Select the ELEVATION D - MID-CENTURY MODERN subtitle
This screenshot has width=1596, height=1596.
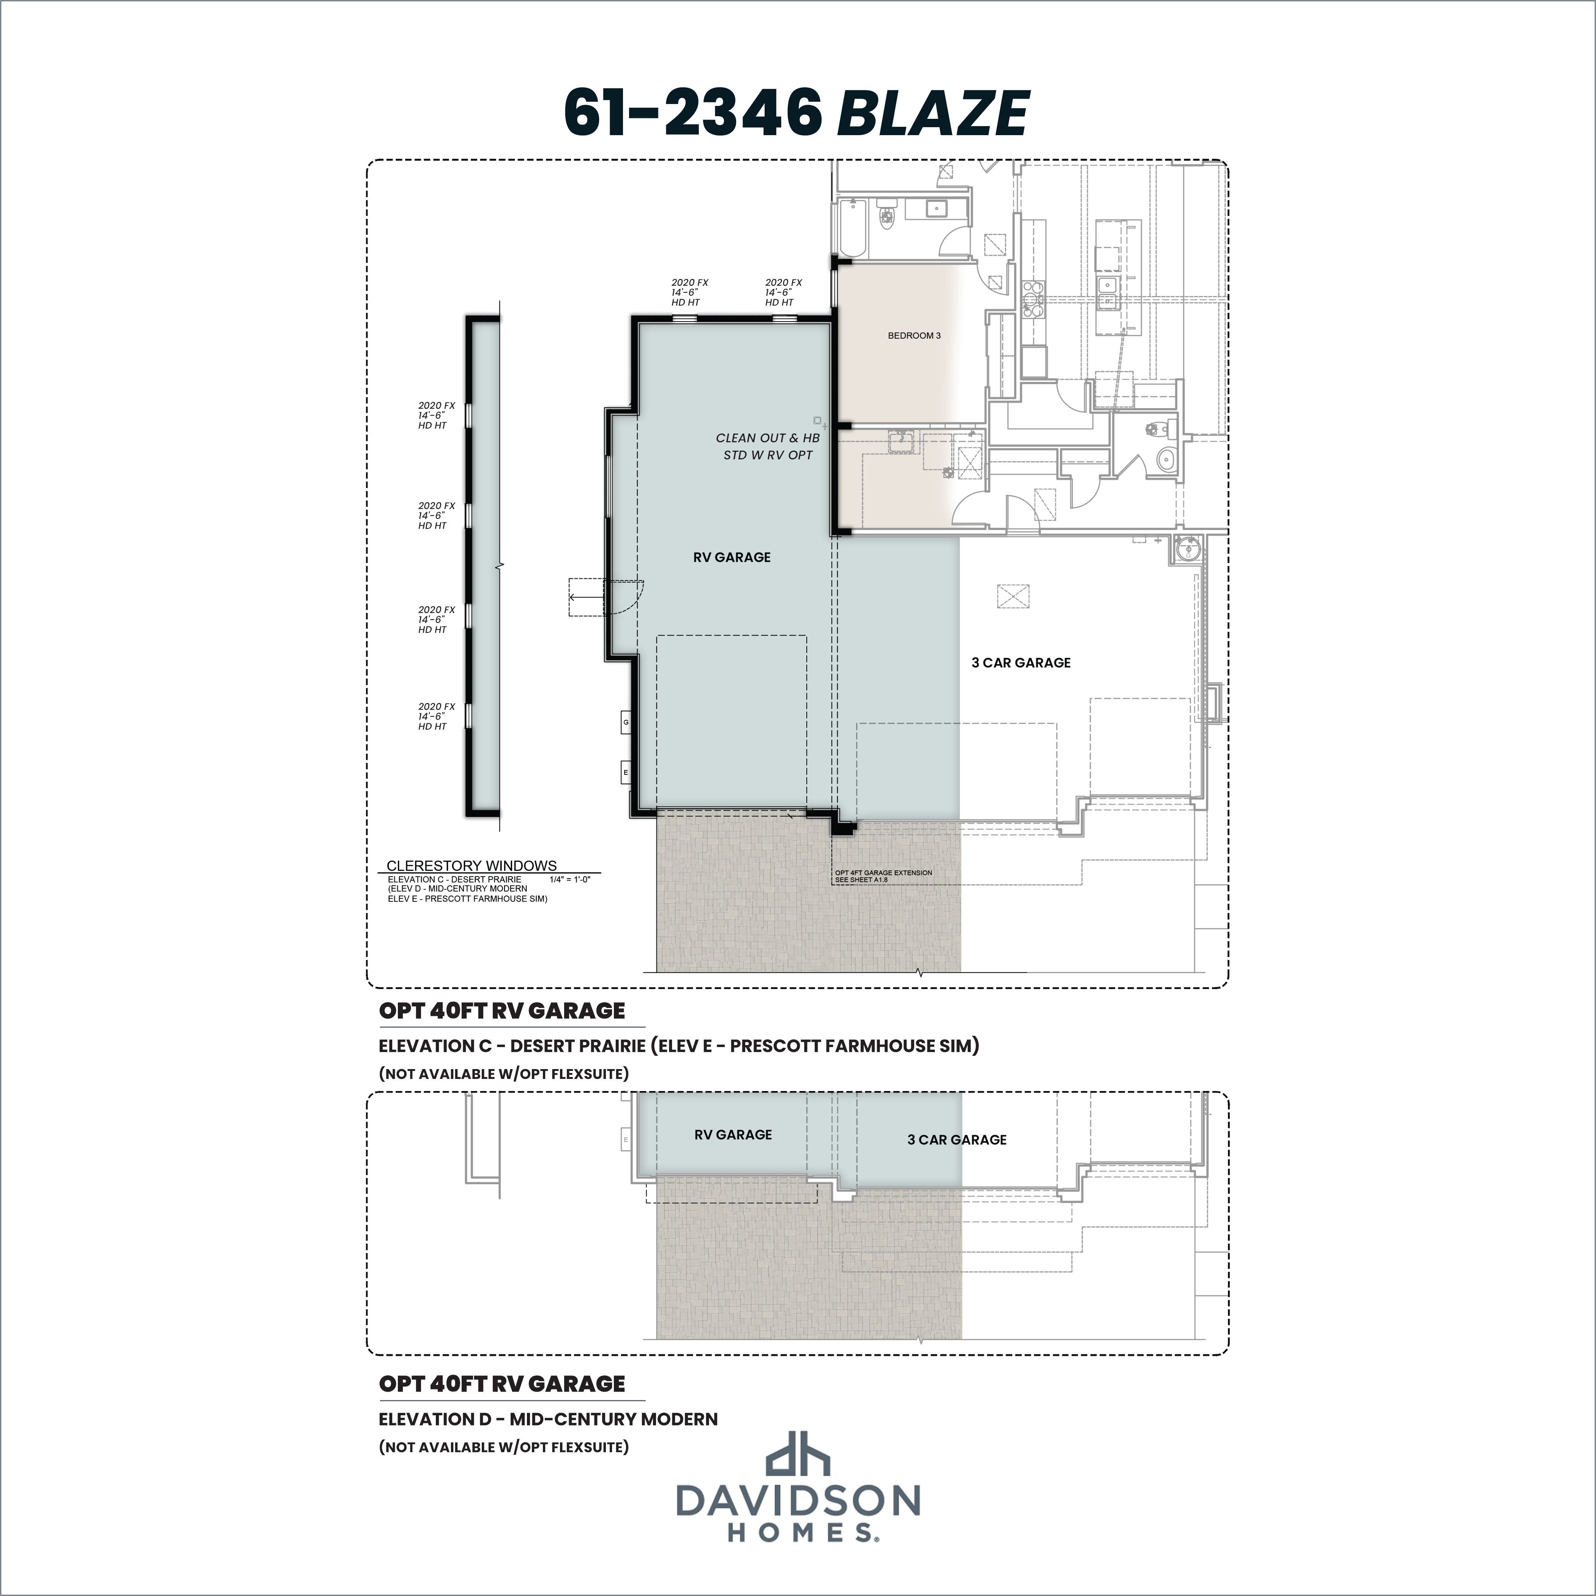[548, 1419]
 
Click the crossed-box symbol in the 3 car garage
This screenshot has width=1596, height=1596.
[1013, 596]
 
